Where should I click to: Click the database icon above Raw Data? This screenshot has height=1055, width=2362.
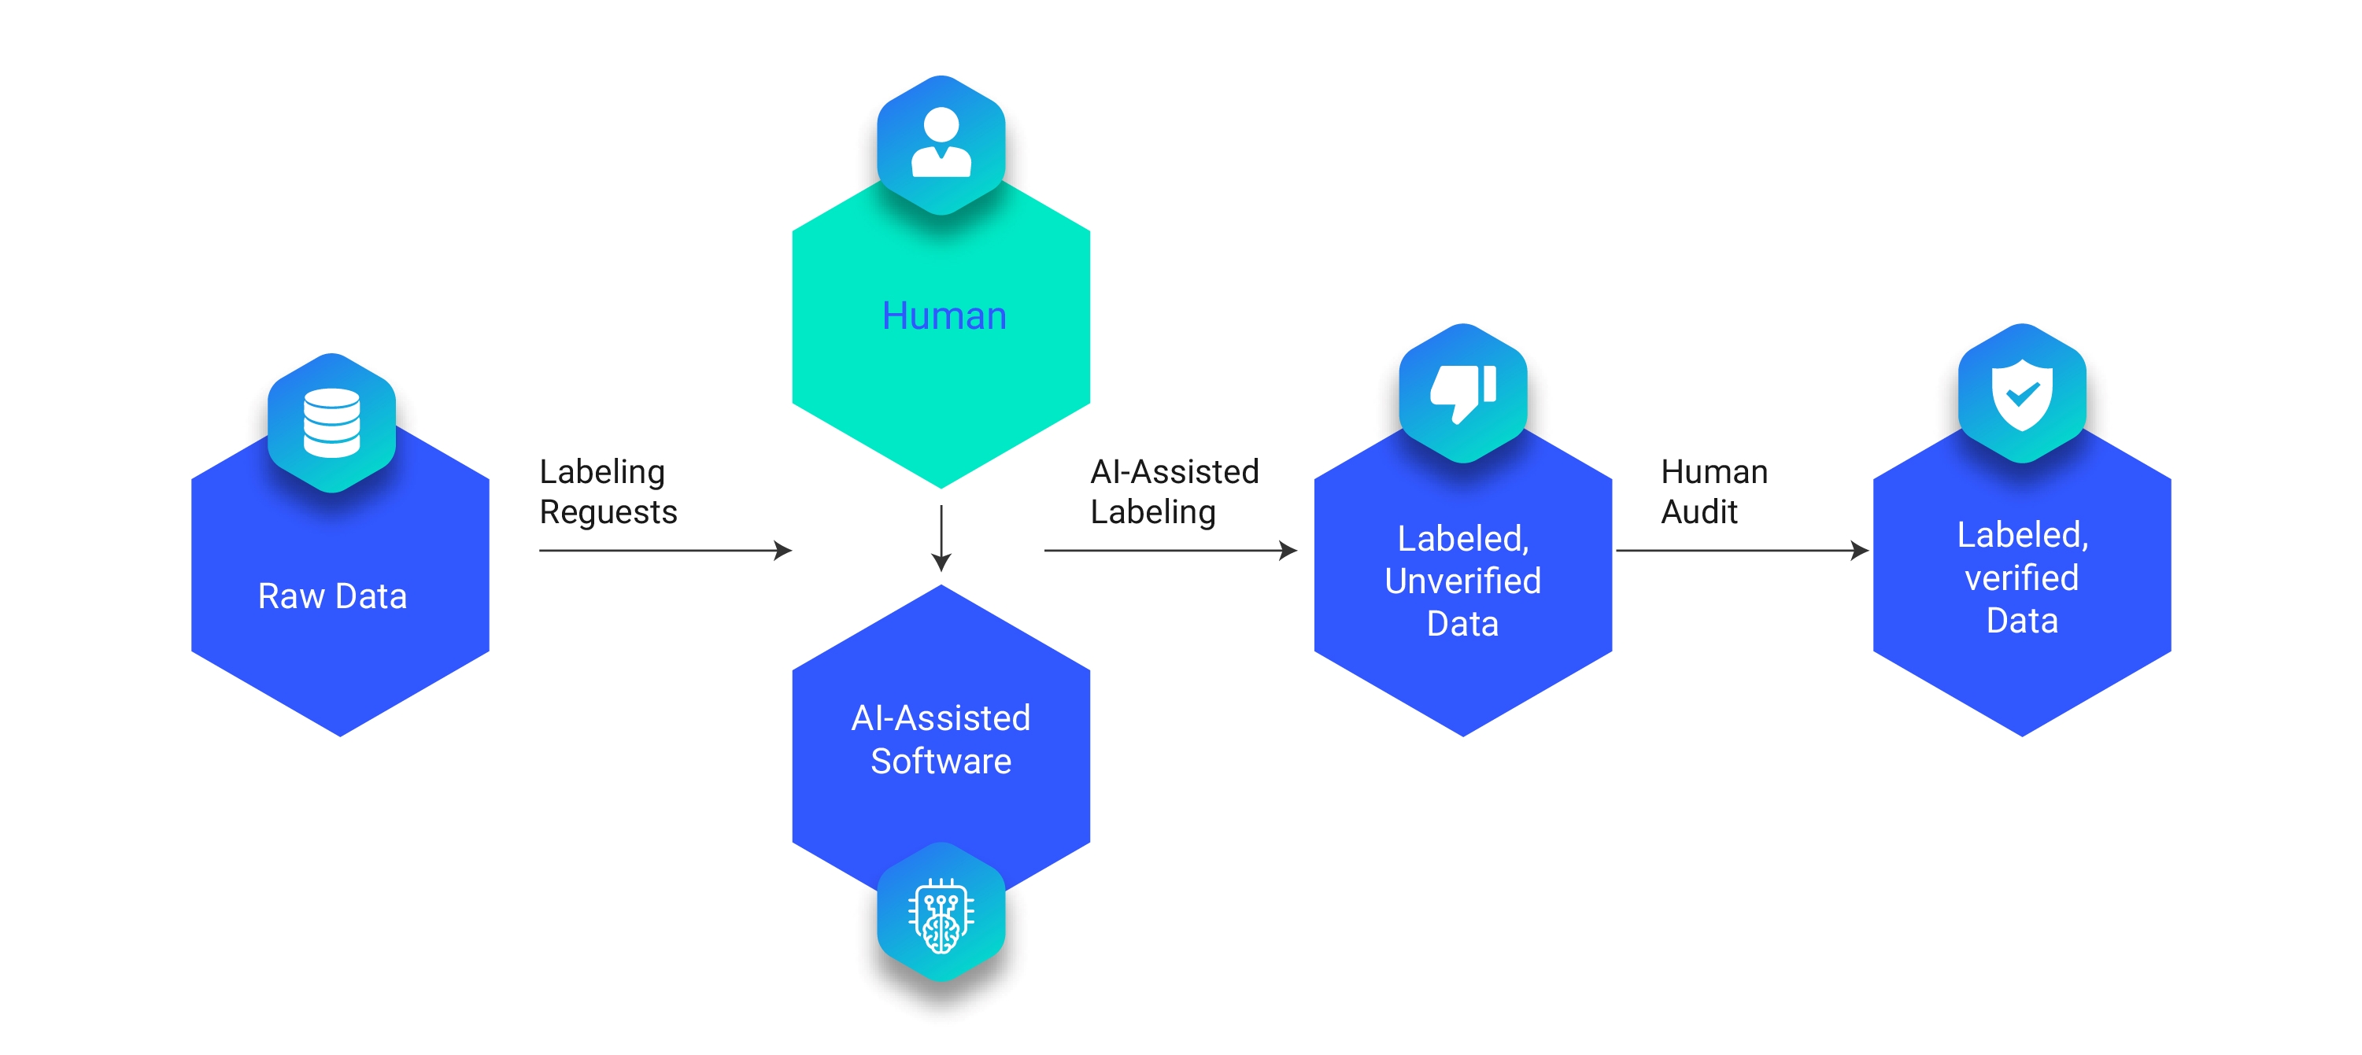[x=332, y=422]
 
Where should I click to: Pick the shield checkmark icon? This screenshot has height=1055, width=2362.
[x=2022, y=393]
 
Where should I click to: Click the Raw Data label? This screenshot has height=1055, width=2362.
[x=332, y=596]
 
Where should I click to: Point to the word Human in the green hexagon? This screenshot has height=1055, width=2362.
[x=944, y=315]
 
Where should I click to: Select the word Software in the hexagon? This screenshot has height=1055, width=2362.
[x=941, y=761]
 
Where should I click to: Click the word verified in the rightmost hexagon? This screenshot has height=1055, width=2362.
[x=2021, y=577]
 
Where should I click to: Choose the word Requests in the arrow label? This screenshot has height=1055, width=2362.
[x=608, y=512]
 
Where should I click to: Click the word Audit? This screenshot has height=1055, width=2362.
[x=1699, y=511]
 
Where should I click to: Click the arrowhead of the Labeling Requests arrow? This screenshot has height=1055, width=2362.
[x=783, y=550]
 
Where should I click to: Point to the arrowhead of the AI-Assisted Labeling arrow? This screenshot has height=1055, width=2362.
[x=1288, y=550]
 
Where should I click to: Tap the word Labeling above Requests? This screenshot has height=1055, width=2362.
[x=601, y=471]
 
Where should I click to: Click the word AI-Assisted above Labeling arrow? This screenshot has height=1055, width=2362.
[x=1174, y=471]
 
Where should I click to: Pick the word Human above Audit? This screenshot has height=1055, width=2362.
[x=1713, y=471]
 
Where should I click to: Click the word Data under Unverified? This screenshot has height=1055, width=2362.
[x=1462, y=624]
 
